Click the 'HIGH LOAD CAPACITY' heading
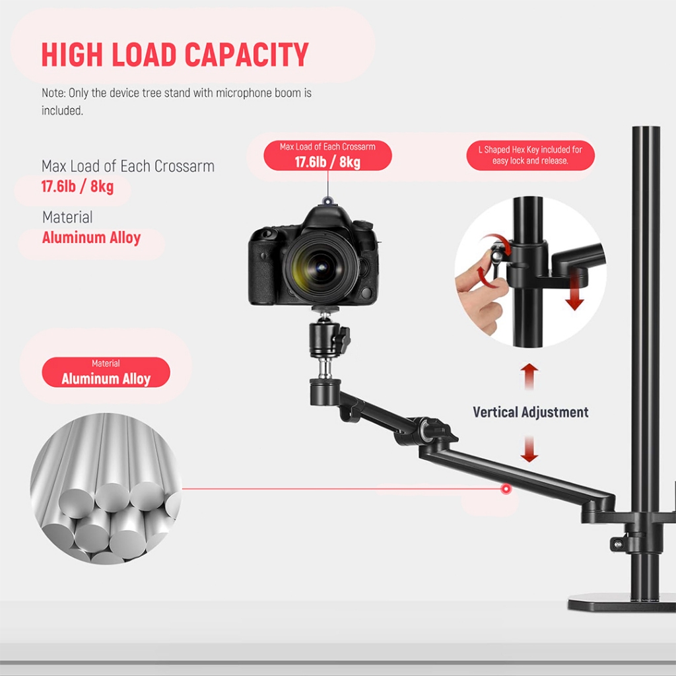click(x=175, y=55)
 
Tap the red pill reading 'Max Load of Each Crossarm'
click(x=327, y=156)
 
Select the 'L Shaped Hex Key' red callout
click(x=530, y=155)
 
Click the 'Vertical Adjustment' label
click(x=530, y=412)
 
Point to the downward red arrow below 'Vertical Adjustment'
click(x=529, y=449)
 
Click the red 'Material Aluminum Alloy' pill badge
click(x=106, y=372)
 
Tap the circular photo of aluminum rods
click(x=106, y=489)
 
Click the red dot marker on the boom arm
click(x=506, y=489)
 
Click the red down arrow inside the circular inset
click(x=575, y=293)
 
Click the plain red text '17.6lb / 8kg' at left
click(x=77, y=187)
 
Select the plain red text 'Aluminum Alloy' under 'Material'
click(x=91, y=238)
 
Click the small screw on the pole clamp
click(x=618, y=543)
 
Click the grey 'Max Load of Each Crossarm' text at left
click(x=127, y=166)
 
